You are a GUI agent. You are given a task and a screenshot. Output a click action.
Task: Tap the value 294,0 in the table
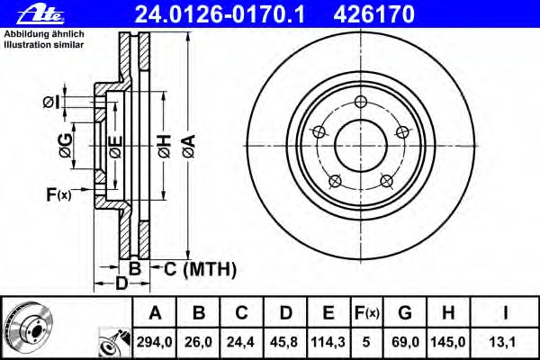click(x=154, y=343)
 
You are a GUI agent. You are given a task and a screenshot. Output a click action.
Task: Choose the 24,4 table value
click(x=242, y=343)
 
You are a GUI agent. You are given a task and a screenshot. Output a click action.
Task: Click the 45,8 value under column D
click(x=285, y=343)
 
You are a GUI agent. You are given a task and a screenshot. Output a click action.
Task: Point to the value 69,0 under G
click(x=405, y=343)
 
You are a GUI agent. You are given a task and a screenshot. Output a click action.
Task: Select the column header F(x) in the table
click(x=366, y=313)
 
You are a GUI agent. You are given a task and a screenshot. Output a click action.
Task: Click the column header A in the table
click(x=154, y=313)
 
